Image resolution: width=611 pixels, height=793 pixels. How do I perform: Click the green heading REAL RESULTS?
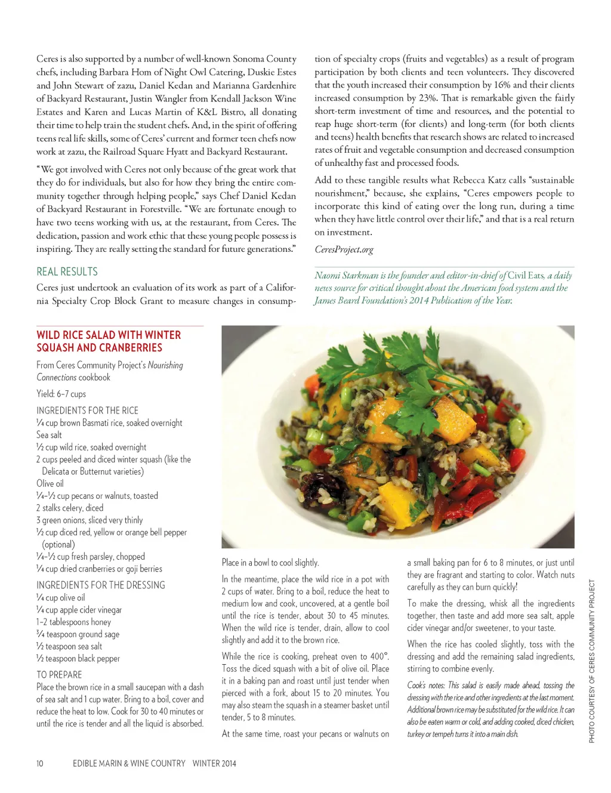[67, 271]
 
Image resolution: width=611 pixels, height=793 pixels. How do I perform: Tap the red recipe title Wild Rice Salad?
[108, 341]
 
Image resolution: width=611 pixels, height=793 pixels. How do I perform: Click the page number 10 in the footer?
[40, 763]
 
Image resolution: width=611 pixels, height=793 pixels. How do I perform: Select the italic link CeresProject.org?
[344, 249]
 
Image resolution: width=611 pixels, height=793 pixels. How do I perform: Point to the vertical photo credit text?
[592, 661]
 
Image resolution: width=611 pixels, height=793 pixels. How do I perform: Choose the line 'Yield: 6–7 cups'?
[61, 394]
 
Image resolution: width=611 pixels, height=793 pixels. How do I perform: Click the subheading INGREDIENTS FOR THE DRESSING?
[100, 585]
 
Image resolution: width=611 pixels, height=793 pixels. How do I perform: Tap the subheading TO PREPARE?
[59, 674]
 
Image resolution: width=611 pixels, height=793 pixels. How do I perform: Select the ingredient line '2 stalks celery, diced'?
[69, 508]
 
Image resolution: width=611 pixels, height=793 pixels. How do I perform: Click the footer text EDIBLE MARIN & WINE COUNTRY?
[129, 763]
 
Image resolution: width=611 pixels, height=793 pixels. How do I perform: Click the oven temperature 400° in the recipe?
[379, 656]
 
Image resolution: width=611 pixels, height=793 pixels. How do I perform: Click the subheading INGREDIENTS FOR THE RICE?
[87, 411]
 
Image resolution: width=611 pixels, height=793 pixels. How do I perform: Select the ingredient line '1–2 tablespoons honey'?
[73, 622]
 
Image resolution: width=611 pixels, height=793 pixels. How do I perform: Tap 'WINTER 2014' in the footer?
[214, 763]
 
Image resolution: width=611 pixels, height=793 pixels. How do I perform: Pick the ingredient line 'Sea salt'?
[49, 435]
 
